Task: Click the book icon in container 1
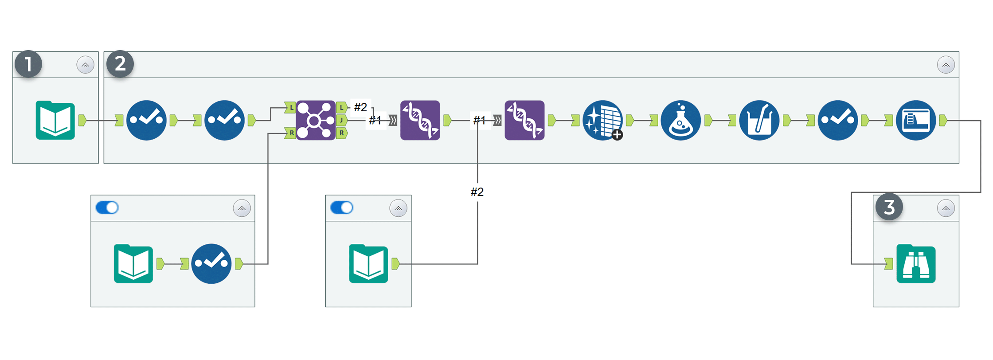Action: pos(55,120)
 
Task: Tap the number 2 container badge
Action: pos(120,64)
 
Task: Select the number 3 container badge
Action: pos(889,207)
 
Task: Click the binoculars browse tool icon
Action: pos(916,264)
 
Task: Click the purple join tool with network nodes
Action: pos(316,120)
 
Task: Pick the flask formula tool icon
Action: pos(681,120)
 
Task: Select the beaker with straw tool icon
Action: pos(759,120)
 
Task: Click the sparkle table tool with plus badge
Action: pos(603,120)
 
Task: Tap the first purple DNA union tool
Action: pos(420,120)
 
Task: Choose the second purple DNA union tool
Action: pos(524,120)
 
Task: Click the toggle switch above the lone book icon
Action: pos(342,207)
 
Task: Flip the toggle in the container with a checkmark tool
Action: pos(107,207)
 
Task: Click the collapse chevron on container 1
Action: pos(86,65)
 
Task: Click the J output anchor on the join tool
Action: pos(341,120)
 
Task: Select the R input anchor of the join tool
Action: pos(290,133)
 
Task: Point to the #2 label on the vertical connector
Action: pos(477,192)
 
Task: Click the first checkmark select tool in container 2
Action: pos(146,120)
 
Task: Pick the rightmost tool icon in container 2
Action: pos(916,120)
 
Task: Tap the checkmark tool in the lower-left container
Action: pos(211,264)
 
